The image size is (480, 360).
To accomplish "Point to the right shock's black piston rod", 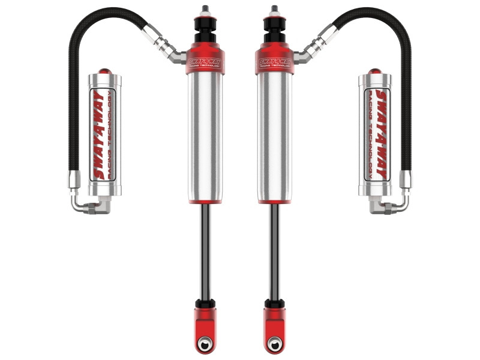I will pyautogui.click(x=275, y=252).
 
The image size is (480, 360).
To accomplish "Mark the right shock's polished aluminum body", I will pyautogui.click(x=275, y=138).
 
